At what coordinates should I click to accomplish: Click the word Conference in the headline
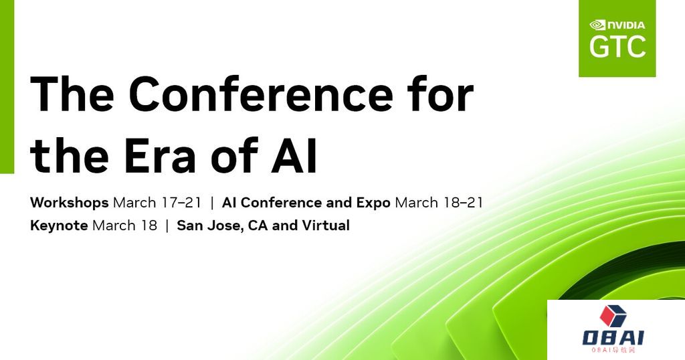coord(260,94)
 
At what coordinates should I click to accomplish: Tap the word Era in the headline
coord(160,155)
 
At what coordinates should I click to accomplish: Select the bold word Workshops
coord(69,203)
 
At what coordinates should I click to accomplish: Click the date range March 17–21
coord(157,203)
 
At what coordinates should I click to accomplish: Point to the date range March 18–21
coord(439,203)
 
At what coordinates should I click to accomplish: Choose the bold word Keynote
coord(59,226)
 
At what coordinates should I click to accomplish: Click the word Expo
coord(373,203)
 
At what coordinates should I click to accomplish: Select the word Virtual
coord(326,226)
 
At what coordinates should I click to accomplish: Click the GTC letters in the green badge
coord(617,46)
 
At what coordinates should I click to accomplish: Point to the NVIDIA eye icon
coord(597,25)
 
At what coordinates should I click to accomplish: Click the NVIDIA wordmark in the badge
coord(626,25)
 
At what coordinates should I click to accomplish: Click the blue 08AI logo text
coord(613,338)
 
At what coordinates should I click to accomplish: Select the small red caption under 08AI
coord(613,350)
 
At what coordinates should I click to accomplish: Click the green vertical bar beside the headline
coord(7,86)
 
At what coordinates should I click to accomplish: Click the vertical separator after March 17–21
coord(212,203)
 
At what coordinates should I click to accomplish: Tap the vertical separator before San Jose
coord(167,226)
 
